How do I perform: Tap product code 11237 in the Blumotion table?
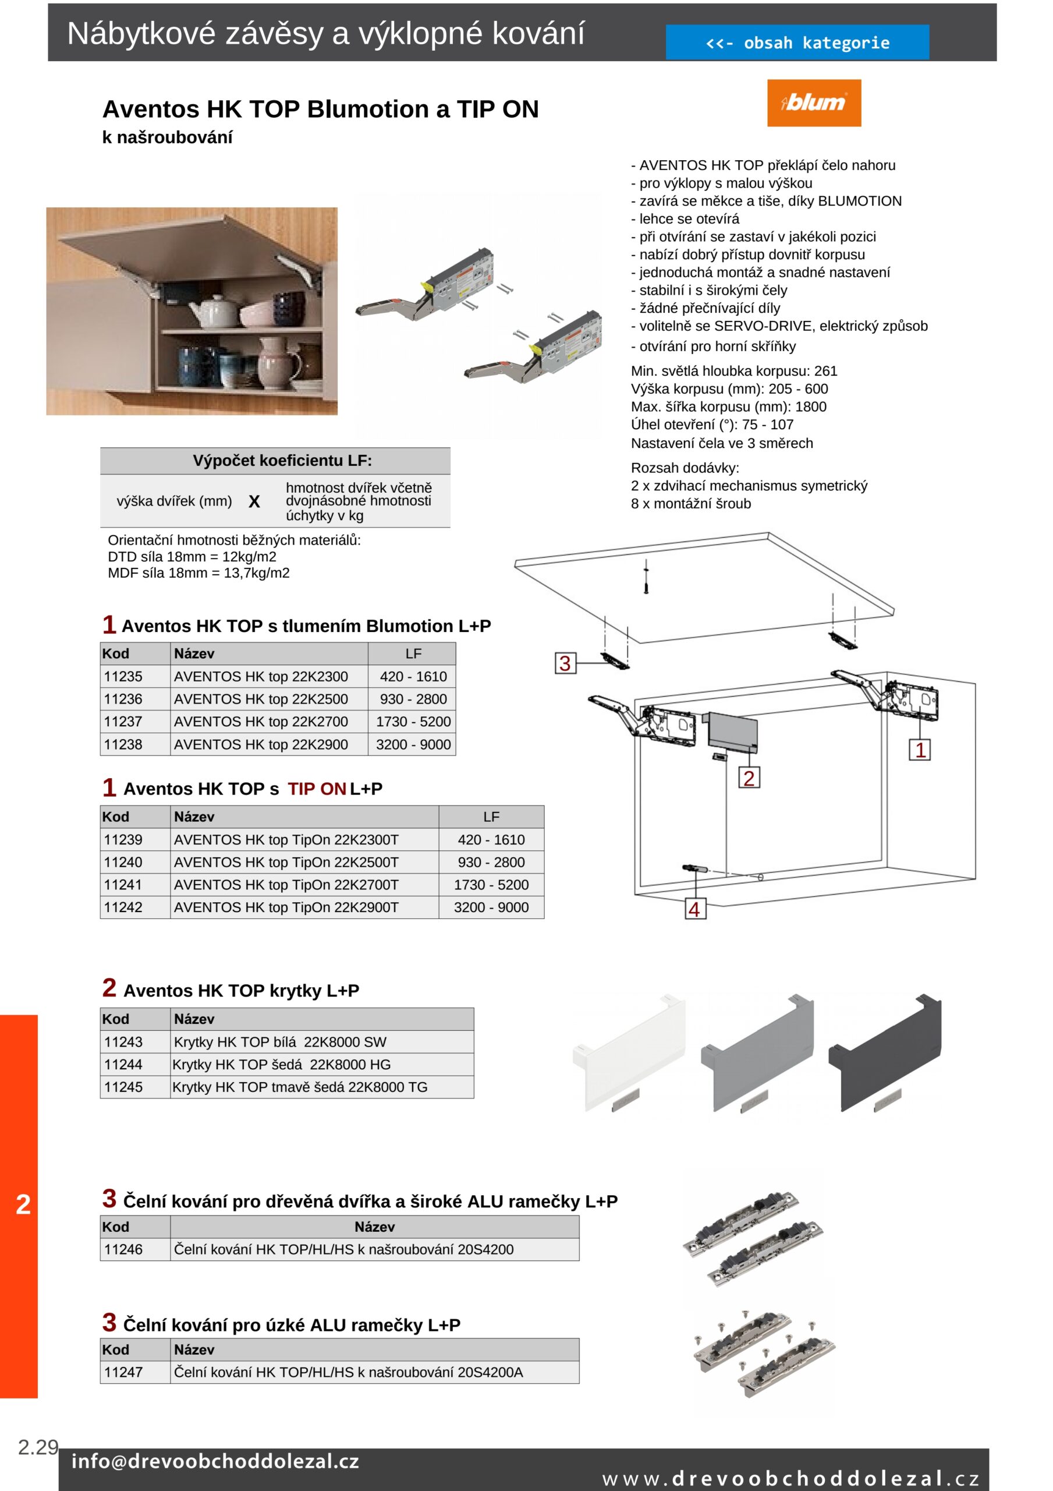(123, 722)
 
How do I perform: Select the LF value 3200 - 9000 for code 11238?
(413, 744)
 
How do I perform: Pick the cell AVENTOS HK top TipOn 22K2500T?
(286, 863)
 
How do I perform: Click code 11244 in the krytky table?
(123, 1064)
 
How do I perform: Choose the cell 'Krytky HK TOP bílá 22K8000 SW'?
(280, 1041)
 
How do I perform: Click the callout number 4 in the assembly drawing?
(694, 909)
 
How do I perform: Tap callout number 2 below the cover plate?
(749, 778)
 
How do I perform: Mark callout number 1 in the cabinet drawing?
(919, 750)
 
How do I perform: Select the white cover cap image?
(629, 1052)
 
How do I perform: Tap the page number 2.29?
(38, 1447)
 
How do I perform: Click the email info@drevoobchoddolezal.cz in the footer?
(215, 1461)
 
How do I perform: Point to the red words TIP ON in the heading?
(316, 789)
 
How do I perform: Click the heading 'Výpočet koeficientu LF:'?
(282, 461)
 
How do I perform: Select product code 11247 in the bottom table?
(123, 1372)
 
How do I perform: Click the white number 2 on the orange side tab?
(23, 1204)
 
